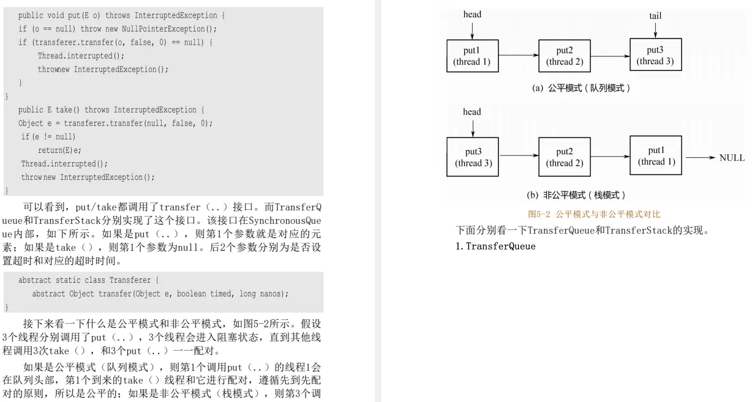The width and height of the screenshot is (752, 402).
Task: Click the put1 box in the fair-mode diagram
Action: pos(472,55)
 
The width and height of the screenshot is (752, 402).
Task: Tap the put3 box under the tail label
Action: pos(655,55)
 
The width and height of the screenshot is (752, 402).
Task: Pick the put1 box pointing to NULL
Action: pos(656,156)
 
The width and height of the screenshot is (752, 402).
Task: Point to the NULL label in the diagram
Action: pos(732,158)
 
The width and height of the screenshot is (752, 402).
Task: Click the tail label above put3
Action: pos(655,16)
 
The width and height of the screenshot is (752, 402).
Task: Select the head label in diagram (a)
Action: pos(472,14)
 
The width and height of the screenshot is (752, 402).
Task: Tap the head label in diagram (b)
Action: pos(472,112)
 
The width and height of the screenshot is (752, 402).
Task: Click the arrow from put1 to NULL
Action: pos(700,158)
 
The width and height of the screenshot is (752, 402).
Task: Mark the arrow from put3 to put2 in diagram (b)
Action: pos(519,157)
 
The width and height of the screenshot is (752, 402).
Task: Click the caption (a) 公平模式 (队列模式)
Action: pos(581,88)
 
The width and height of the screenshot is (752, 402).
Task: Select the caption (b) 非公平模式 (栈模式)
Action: pos(576,195)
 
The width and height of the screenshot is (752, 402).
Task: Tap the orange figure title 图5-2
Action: pos(593,214)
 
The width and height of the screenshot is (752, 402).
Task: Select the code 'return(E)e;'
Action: pos(59,151)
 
